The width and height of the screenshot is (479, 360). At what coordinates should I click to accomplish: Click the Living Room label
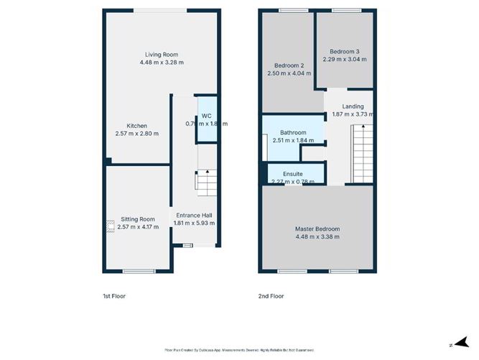[x=161, y=55]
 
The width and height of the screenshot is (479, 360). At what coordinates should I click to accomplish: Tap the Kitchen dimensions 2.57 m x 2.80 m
[x=136, y=134]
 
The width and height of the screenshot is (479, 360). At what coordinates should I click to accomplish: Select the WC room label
[x=206, y=116]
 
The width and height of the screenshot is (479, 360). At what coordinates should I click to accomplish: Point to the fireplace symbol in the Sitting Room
[x=110, y=226]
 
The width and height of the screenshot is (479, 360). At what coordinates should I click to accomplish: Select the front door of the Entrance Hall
[x=187, y=246]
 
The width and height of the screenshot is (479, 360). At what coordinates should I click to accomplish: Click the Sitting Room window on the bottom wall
[x=138, y=271]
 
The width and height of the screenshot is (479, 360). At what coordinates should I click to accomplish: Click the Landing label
[x=353, y=106]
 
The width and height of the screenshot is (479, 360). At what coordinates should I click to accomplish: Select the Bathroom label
[x=293, y=132]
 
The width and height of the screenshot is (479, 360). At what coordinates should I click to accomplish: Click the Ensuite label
[x=292, y=174]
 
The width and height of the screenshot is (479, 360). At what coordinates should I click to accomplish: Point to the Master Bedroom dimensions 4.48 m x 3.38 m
[x=317, y=237]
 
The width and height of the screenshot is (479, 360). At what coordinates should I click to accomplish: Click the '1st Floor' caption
[x=117, y=295]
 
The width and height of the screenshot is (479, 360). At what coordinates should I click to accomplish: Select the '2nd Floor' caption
[x=271, y=295]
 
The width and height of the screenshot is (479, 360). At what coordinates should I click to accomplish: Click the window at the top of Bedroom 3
[x=346, y=10]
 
